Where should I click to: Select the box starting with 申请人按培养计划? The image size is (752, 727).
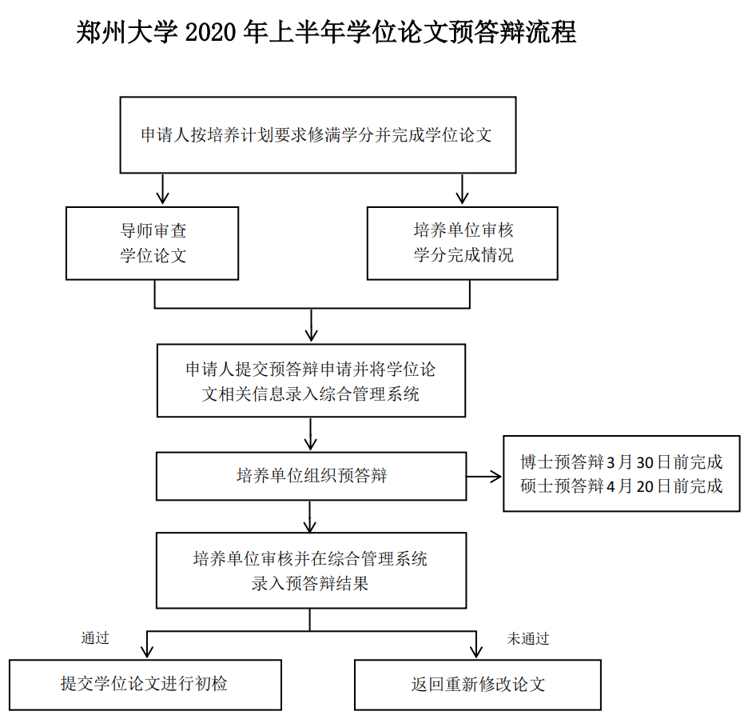click(317, 134)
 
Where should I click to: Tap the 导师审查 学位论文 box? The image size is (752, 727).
click(152, 243)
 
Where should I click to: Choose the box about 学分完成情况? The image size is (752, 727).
click(462, 243)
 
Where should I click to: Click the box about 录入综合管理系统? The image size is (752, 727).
click(311, 381)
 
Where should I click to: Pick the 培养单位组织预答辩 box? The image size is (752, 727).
click(311, 476)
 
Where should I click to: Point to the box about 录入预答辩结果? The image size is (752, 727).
click(311, 570)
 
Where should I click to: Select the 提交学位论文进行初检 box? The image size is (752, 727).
click(145, 684)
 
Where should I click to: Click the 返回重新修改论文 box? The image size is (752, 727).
click(477, 685)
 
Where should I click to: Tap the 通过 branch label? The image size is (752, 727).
click(94, 638)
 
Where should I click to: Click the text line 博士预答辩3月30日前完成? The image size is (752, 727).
click(621, 462)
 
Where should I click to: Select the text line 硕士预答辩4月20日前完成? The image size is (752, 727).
click(621, 485)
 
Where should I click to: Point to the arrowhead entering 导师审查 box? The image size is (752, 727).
click(163, 199)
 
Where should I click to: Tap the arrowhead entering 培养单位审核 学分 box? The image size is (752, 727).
click(461, 199)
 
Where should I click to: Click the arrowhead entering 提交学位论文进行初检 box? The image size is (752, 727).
click(147, 652)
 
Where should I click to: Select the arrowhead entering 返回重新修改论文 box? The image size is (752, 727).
click(476, 652)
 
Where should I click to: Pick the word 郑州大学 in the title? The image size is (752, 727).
click(120, 33)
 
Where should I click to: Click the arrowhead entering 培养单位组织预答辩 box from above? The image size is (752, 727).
click(312, 445)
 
